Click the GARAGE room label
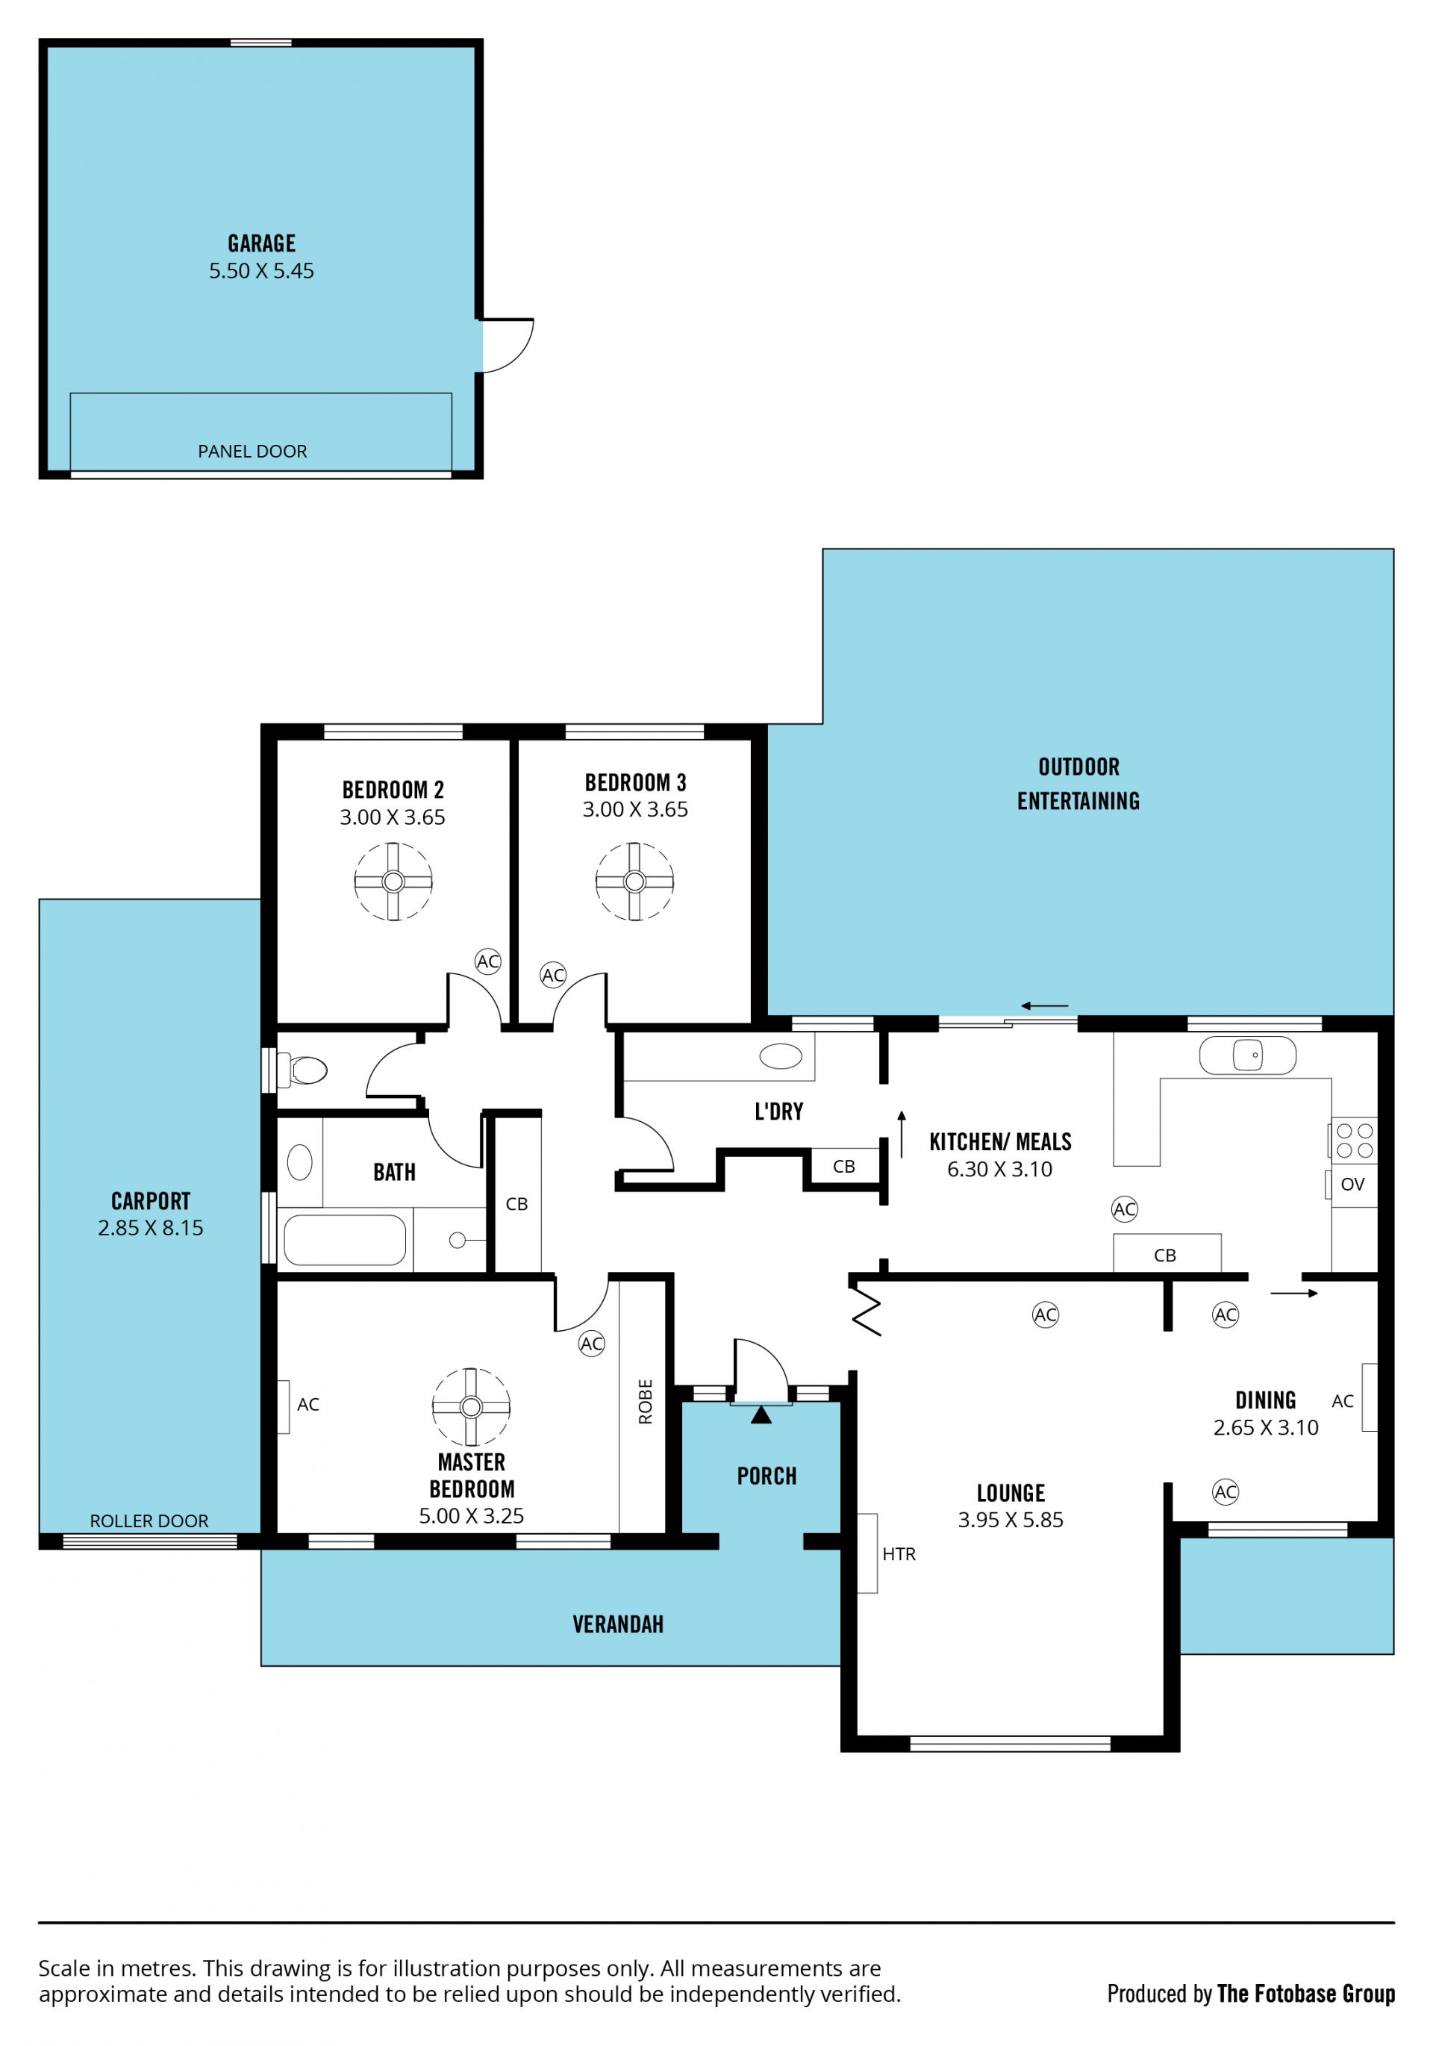point(261,243)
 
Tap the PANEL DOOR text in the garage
point(252,451)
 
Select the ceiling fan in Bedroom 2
point(393,882)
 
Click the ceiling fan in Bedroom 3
point(634,882)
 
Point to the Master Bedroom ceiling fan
point(472,1407)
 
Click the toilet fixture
point(302,1070)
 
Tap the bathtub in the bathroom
point(345,1240)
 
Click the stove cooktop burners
point(1355,1141)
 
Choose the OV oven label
point(1352,1185)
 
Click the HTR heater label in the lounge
point(899,1554)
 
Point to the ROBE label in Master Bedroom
point(645,1402)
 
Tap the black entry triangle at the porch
point(761,1415)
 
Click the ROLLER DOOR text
point(149,1521)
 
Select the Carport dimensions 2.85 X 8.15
point(151,1228)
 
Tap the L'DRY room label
point(779,1111)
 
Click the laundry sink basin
point(781,1056)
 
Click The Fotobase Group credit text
point(1305,1994)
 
